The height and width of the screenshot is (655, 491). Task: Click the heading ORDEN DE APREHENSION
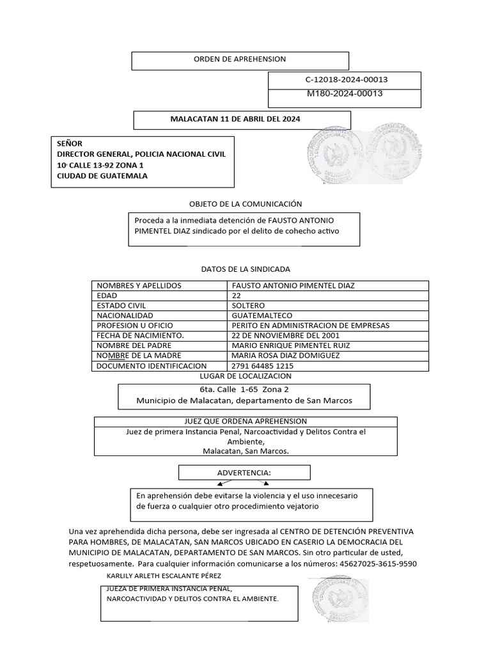pyautogui.click(x=240, y=59)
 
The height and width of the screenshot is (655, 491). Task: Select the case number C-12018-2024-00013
pyautogui.click(x=347, y=80)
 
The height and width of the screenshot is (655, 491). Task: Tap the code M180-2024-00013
pyautogui.click(x=345, y=93)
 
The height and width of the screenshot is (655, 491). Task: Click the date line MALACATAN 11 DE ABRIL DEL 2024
pyautogui.click(x=235, y=119)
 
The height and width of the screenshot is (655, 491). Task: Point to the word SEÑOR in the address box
pyautogui.click(x=70, y=143)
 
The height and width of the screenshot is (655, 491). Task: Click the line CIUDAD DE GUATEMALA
pyautogui.click(x=102, y=176)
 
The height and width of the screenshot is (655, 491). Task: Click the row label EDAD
pyautogui.click(x=107, y=296)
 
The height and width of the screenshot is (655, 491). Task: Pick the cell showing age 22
pyautogui.click(x=237, y=296)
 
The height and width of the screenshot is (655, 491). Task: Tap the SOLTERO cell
pyautogui.click(x=248, y=306)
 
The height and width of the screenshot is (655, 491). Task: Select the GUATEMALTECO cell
pyautogui.click(x=262, y=315)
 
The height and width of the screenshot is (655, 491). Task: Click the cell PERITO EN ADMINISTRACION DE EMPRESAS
pyautogui.click(x=310, y=326)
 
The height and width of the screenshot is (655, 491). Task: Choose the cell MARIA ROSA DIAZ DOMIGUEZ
pyautogui.click(x=286, y=356)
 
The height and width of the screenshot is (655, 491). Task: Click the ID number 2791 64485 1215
pyautogui.click(x=263, y=366)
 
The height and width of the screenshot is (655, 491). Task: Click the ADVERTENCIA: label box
pyautogui.click(x=244, y=472)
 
